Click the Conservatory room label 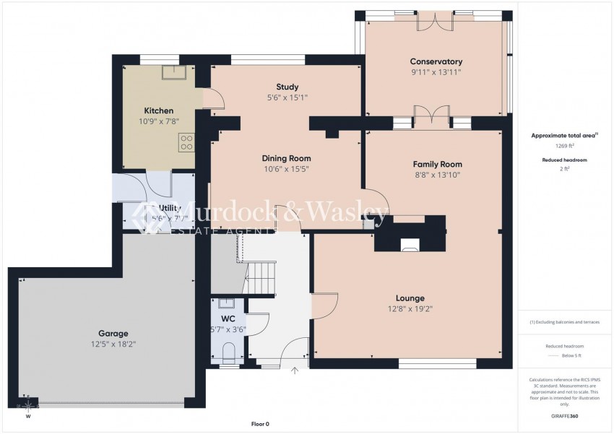[436, 61]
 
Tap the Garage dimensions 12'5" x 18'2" [113, 345]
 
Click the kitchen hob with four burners [186, 142]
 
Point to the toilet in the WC [229, 353]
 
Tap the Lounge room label [410, 298]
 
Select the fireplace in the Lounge [410, 246]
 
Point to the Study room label [287, 87]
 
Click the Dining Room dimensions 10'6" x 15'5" [286, 169]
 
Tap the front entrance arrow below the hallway [294, 371]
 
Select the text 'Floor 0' [260, 424]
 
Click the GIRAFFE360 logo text [563, 417]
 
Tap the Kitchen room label [158, 110]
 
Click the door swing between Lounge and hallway [325, 305]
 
